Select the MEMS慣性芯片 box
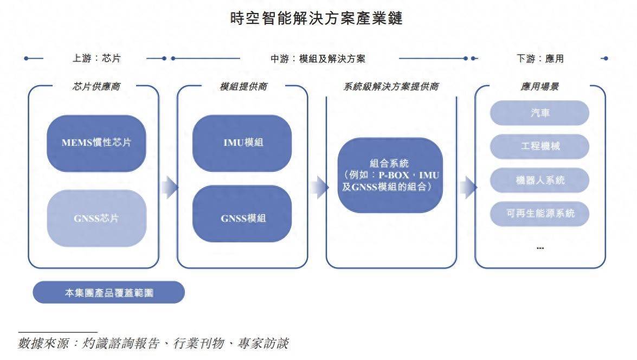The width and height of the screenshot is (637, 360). tap(96, 143)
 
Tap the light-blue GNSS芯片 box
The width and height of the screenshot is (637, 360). tap(96, 218)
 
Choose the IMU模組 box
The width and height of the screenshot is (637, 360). tap(242, 143)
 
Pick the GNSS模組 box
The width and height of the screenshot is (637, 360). tap(242, 218)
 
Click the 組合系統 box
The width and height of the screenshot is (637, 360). tap(390, 175)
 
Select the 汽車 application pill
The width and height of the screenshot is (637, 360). tap(539, 113)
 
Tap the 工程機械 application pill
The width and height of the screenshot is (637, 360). tap(539, 146)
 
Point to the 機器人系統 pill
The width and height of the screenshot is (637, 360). tap(539, 180)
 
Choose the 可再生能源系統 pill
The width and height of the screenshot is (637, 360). tap(539, 214)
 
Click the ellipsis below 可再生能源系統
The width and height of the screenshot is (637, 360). tap(540, 248)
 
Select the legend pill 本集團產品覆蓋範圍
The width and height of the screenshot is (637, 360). tap(109, 293)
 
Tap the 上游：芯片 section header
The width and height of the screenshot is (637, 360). tap(96, 59)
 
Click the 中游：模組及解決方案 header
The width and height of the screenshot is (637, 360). tap(318, 59)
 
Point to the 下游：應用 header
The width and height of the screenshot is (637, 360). tap(540, 59)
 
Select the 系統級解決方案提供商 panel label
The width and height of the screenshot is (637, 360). tap(391, 87)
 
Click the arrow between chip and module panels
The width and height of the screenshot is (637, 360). tap(169, 187)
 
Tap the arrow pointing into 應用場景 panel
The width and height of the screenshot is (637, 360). tap(468, 187)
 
